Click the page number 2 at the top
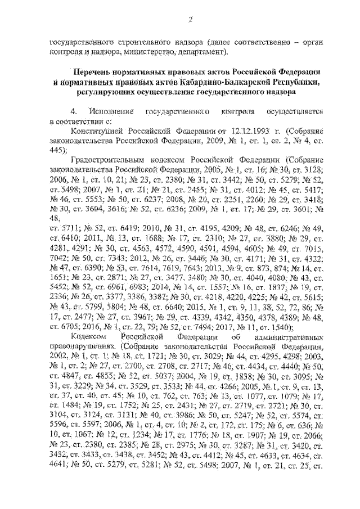tap(190, 21)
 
